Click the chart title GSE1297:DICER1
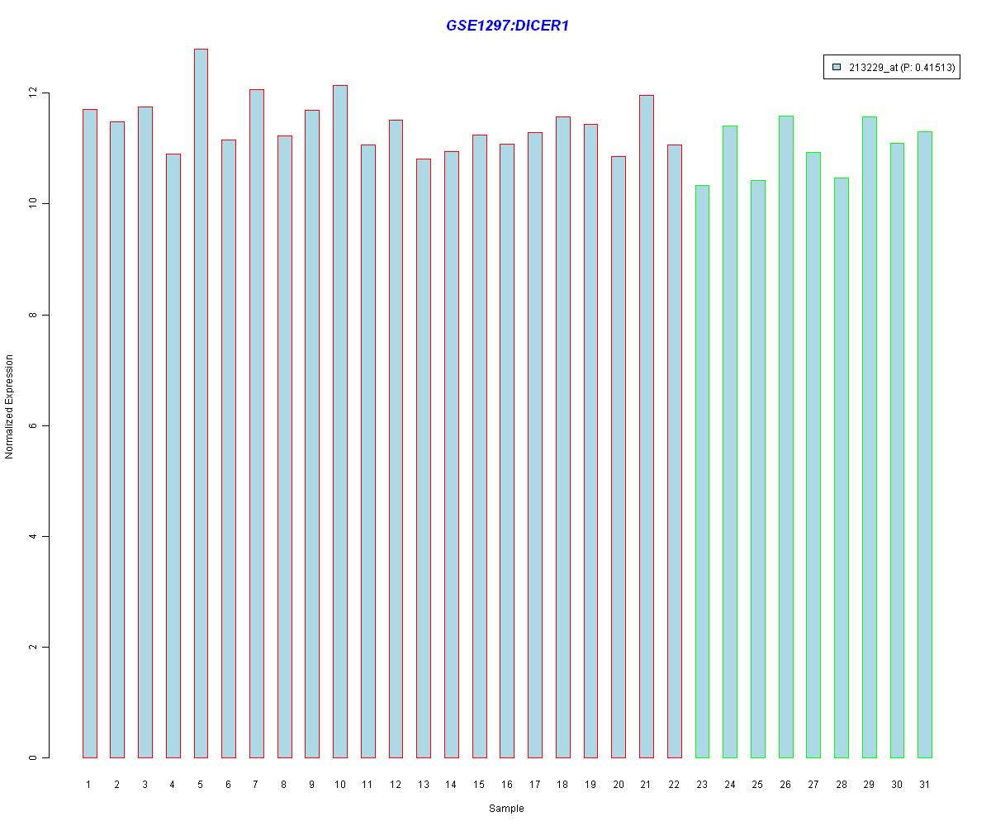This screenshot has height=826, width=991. (x=507, y=26)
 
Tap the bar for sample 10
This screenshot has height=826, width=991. (x=340, y=421)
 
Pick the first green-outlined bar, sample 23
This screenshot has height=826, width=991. (x=702, y=471)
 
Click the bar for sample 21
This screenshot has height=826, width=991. (x=647, y=426)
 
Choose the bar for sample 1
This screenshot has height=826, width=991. (x=89, y=433)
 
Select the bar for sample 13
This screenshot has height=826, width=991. (x=424, y=458)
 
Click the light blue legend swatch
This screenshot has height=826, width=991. (x=837, y=68)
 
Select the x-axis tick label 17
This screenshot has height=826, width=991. (x=534, y=785)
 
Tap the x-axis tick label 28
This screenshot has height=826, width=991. (x=841, y=785)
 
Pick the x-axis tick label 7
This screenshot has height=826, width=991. (x=256, y=785)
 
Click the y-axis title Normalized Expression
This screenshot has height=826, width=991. (x=10, y=406)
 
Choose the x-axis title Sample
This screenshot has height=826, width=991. (x=506, y=809)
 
